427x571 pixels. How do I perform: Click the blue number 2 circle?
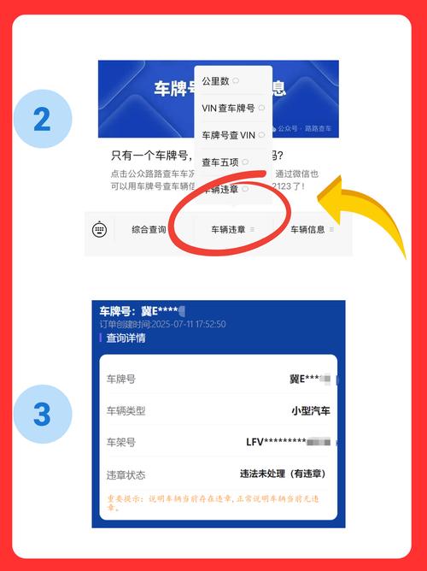click(42, 120)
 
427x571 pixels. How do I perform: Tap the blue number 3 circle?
click(42, 415)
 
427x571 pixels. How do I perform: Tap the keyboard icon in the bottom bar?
click(100, 229)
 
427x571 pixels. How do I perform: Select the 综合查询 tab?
click(149, 229)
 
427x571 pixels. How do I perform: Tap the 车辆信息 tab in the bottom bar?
click(308, 229)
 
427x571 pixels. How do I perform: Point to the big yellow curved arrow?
click(367, 205)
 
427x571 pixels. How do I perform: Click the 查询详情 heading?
click(126, 338)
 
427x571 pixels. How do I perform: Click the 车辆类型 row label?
click(126, 410)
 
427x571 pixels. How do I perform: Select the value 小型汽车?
click(310, 410)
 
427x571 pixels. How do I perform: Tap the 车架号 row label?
click(120, 442)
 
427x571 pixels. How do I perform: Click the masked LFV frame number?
click(282, 442)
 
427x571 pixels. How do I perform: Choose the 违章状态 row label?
click(126, 474)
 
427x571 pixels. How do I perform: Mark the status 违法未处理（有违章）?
click(282, 474)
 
